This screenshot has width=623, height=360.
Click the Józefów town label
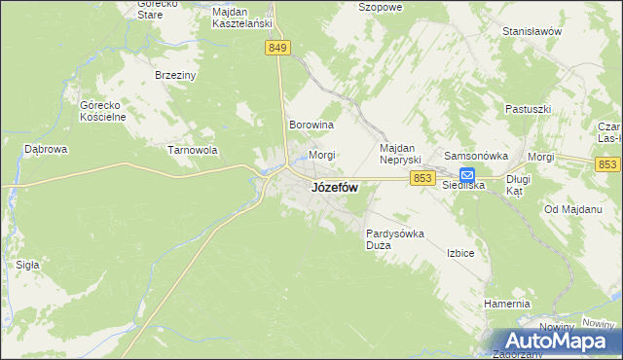pyautogui.click(x=334, y=189)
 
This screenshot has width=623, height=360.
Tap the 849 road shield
pyautogui.click(x=277, y=48)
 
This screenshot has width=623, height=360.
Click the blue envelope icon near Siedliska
pyautogui.click(x=467, y=175)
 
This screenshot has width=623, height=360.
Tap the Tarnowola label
pyautogui.click(x=192, y=151)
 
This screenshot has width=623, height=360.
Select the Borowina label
pyautogui.click(x=311, y=126)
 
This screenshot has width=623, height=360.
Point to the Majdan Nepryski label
pyautogui.click(x=398, y=153)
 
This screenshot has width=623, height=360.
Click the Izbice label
pyautogui.click(x=460, y=253)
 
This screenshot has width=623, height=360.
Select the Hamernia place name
pyautogui.click(x=506, y=305)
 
